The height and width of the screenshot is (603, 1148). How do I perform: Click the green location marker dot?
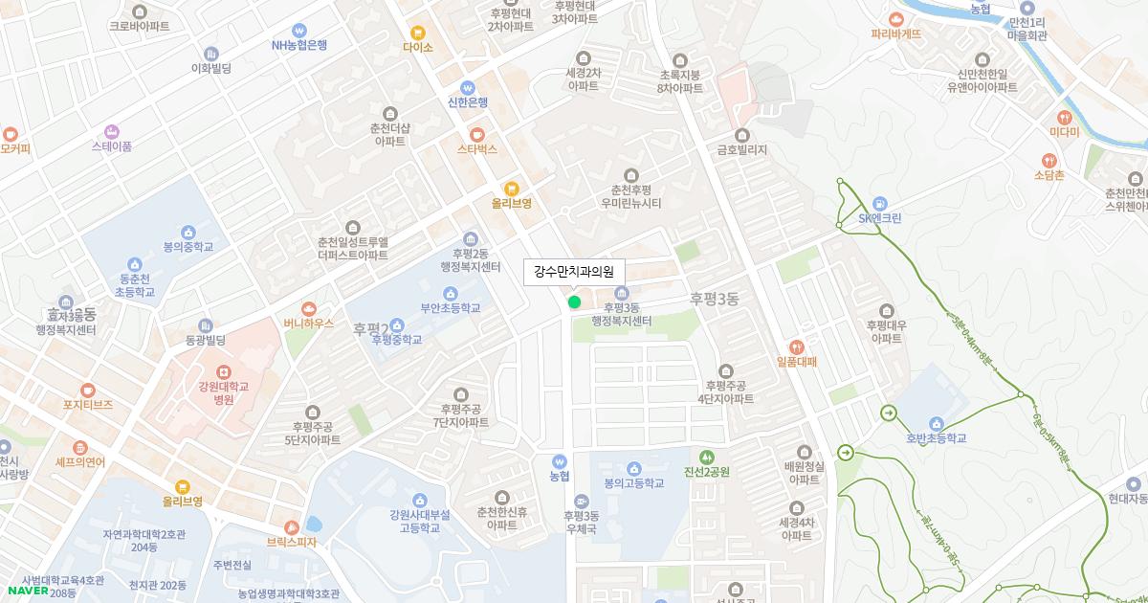pyautogui.click(x=574, y=302)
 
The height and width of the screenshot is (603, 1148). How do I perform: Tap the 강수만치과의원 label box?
pyautogui.click(x=574, y=272)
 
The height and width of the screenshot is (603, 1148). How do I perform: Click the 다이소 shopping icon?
pyautogui.click(x=417, y=32)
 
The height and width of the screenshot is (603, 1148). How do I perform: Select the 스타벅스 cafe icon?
pyautogui.click(x=476, y=134)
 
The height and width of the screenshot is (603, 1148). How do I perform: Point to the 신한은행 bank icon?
pyautogui.click(x=468, y=87)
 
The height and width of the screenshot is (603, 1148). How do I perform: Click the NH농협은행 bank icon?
pyautogui.click(x=299, y=30)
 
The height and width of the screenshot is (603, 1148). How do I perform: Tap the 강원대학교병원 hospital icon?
pyautogui.click(x=223, y=370)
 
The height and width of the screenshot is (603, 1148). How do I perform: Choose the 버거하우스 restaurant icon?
pyautogui.click(x=308, y=308)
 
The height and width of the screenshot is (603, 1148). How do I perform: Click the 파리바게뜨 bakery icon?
pyautogui.click(x=895, y=18)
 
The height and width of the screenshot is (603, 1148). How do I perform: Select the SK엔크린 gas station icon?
pyautogui.click(x=880, y=203)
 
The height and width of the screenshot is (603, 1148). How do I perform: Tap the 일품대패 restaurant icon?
pyautogui.click(x=796, y=346)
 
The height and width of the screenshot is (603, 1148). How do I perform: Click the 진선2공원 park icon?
pyautogui.click(x=707, y=457)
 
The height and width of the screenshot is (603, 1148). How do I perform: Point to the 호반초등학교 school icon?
pyautogui.click(x=937, y=424)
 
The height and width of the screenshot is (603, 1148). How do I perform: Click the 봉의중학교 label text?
pyautogui.click(x=188, y=247)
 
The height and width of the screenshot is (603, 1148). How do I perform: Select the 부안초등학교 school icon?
pyautogui.click(x=451, y=293)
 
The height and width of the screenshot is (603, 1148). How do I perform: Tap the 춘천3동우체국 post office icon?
pyautogui.click(x=582, y=501)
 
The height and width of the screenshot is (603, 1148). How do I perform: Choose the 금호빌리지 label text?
pyautogui.click(x=742, y=149)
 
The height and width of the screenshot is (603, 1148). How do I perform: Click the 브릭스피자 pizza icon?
pyautogui.click(x=292, y=526)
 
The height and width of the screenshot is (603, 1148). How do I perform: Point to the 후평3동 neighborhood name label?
pyautogui.click(x=715, y=300)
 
